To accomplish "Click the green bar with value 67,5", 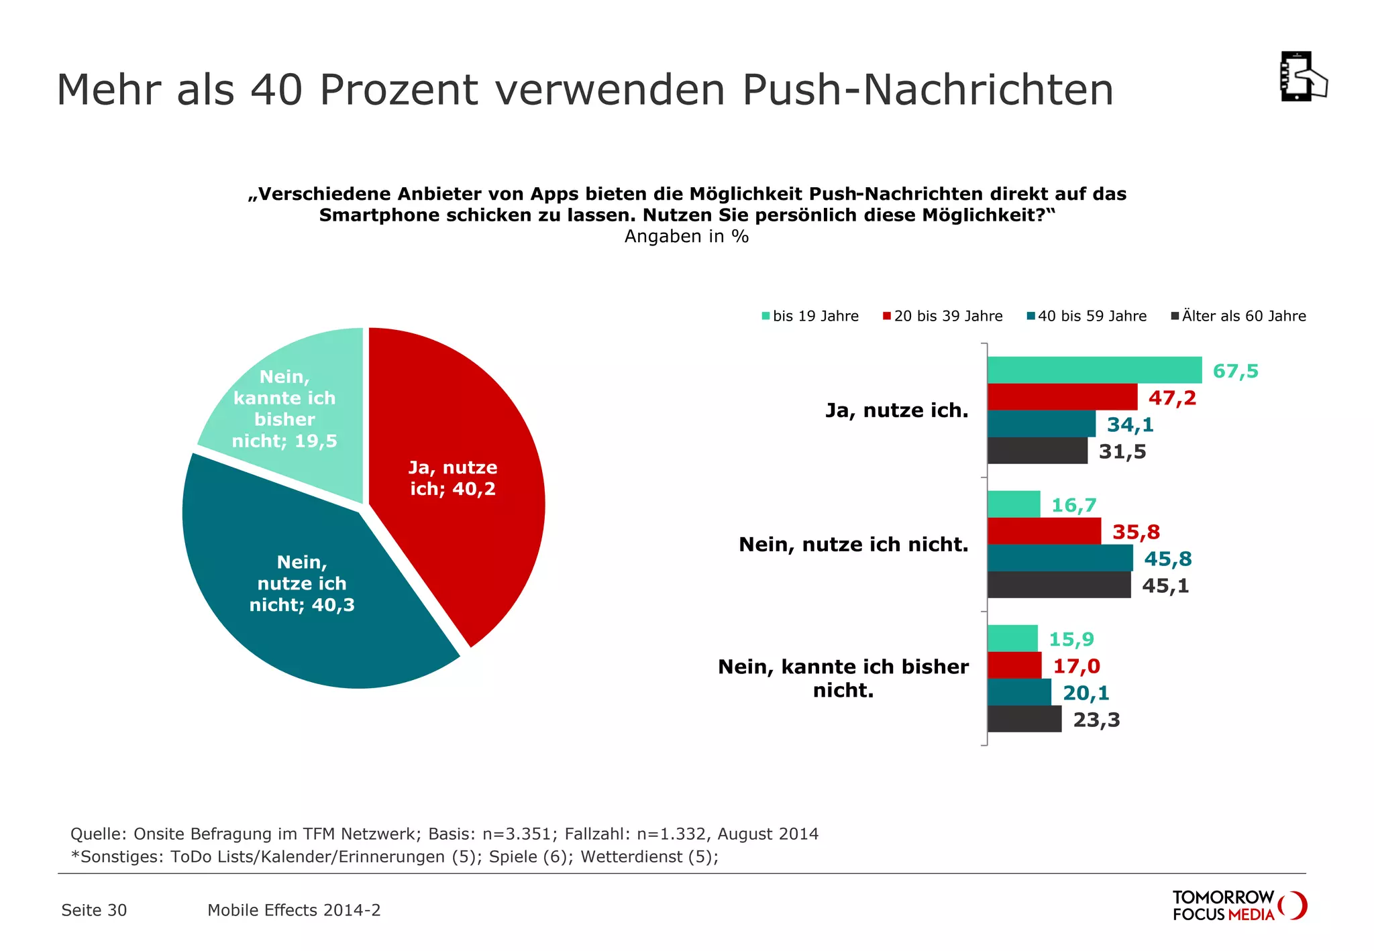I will coord(1094,370).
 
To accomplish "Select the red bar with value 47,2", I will coord(1062,397).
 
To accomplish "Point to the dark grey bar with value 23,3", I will coord(1024,719).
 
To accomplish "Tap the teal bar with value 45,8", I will coord(1060,558).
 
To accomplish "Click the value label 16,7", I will coord(1073,505).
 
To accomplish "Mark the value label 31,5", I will coord(1122,451).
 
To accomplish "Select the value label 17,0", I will coord(1076,666).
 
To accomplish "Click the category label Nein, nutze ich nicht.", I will coord(853,544).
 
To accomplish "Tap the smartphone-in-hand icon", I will coord(1302,76).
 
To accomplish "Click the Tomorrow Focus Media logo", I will coord(1238,905).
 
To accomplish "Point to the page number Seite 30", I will coord(94,910).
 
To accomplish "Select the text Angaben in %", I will coord(686,236).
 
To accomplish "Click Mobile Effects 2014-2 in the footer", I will coord(294,910).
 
